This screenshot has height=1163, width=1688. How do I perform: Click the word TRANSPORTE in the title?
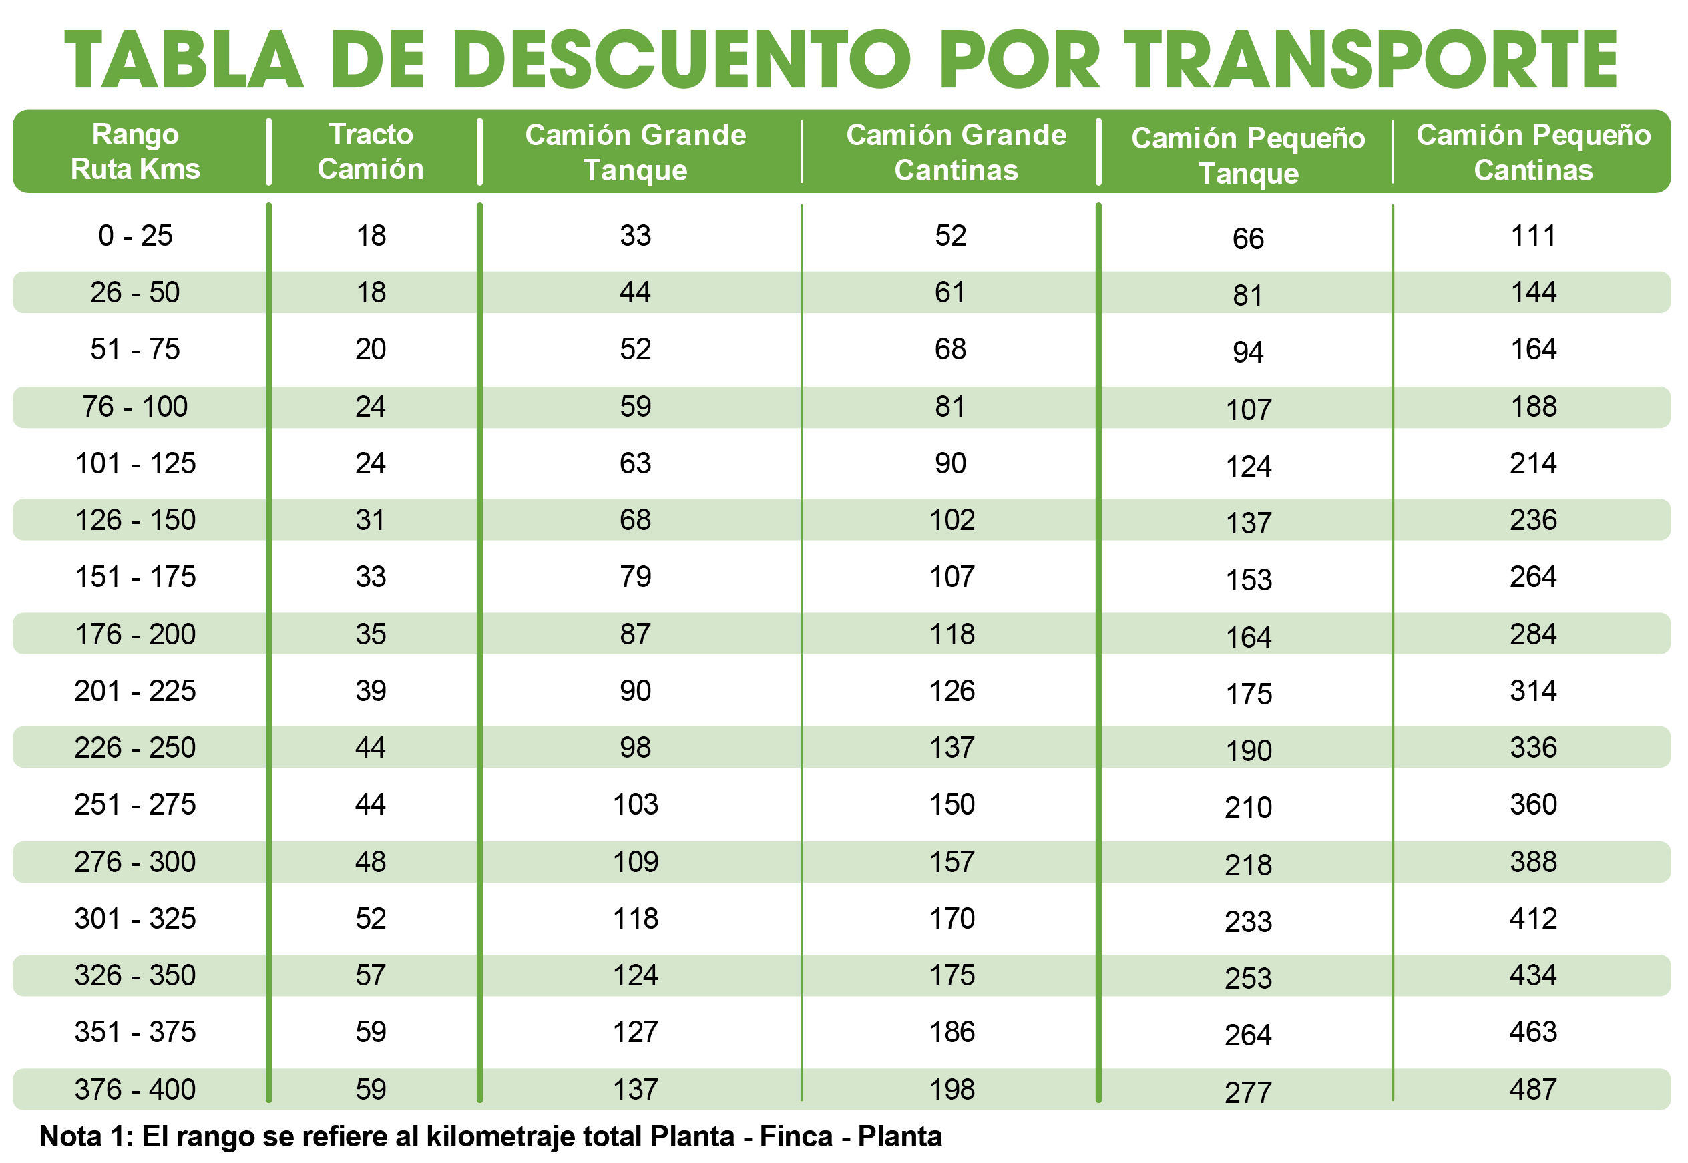pyautogui.click(x=1370, y=60)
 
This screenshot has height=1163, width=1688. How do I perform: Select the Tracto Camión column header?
pyautogui.click(x=371, y=152)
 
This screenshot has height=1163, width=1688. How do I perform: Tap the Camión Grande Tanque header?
pyautogui.click(x=635, y=152)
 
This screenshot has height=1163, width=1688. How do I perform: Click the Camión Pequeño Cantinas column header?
pyautogui.click(x=1533, y=152)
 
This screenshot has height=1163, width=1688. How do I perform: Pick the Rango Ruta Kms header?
pyautogui.click(x=136, y=152)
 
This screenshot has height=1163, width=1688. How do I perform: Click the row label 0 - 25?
pyautogui.click(x=136, y=236)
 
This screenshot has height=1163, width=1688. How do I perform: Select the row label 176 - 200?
pyautogui.click(x=136, y=634)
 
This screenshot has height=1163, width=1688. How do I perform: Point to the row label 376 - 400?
pyautogui.click(x=136, y=1090)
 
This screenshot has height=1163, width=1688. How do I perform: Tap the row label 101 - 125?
pyautogui.click(x=136, y=463)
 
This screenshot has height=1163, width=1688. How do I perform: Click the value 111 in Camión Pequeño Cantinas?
pyautogui.click(x=1533, y=236)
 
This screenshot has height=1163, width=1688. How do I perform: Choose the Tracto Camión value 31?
pyautogui.click(x=371, y=520)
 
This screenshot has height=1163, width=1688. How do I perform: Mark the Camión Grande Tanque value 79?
pyautogui.click(x=635, y=577)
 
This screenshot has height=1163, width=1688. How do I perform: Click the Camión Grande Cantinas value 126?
pyautogui.click(x=951, y=691)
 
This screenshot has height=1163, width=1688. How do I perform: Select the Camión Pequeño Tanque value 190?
pyautogui.click(x=1248, y=750)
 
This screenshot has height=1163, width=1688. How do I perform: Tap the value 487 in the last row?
pyautogui.click(x=1533, y=1090)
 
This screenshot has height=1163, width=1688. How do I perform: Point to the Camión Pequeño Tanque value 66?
pyautogui.click(x=1248, y=239)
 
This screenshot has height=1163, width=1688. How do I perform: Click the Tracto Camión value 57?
pyautogui.click(x=371, y=975)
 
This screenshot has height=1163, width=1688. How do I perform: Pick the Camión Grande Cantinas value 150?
pyautogui.click(x=951, y=804)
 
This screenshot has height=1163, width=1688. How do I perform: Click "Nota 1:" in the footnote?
pyautogui.click(x=86, y=1136)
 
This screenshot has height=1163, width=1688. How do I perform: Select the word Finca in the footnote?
pyautogui.click(x=796, y=1136)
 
